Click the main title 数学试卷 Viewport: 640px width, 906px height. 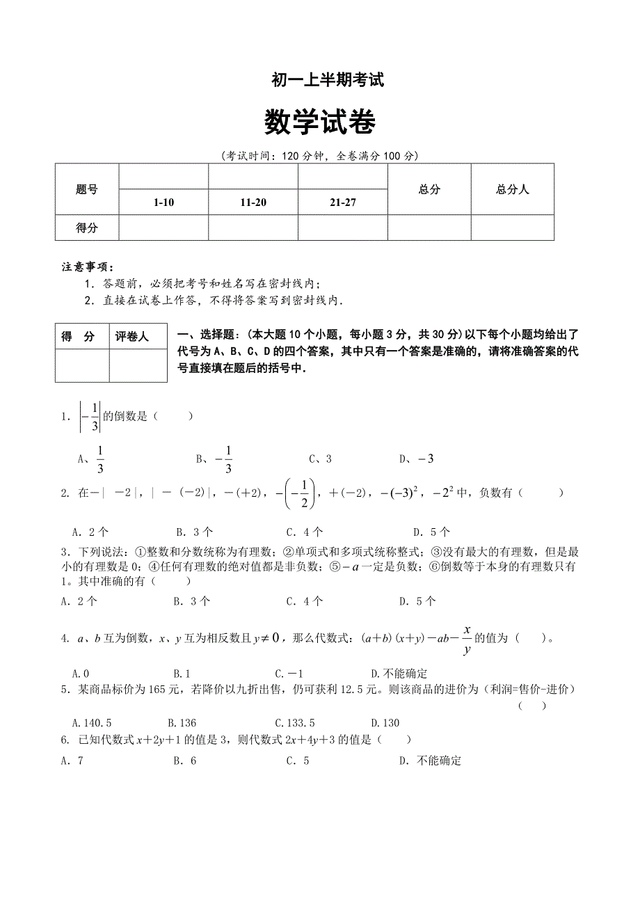point(320,123)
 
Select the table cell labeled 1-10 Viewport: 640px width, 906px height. point(163,202)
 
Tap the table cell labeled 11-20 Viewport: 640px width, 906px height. point(253,202)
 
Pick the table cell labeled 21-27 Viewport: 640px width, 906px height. point(343,202)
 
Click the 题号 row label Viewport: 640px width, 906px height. point(87,189)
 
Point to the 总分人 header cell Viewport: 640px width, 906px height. point(513,189)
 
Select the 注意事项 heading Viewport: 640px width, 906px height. point(87,267)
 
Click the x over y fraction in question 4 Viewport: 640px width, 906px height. point(467,639)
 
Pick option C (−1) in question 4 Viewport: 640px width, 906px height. point(289,674)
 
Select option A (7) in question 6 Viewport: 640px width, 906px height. point(72,761)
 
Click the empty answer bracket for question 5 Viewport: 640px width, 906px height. point(533,706)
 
